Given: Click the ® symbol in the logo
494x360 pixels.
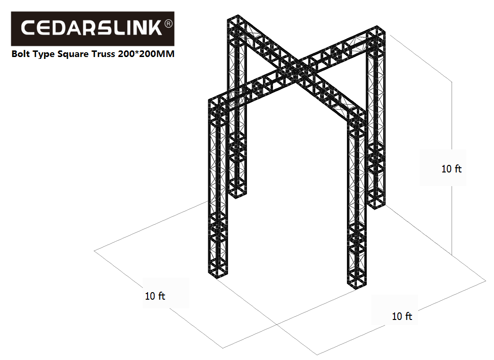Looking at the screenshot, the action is (x=169, y=24).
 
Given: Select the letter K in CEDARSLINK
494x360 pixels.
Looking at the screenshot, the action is (x=155, y=28).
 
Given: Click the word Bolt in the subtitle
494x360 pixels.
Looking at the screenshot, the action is (x=20, y=54).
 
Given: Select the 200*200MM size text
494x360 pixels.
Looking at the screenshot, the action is (x=146, y=54).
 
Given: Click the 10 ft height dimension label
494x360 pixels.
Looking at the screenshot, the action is (x=451, y=169).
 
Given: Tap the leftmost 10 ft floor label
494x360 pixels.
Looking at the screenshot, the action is (x=155, y=296).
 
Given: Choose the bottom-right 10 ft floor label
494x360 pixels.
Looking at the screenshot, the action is (x=402, y=316).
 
